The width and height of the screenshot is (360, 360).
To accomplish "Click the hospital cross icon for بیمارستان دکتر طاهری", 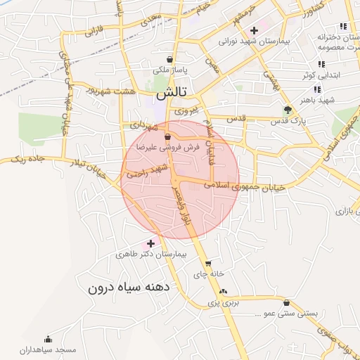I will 150,243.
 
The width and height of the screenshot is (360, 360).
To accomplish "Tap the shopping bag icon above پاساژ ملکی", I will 169,60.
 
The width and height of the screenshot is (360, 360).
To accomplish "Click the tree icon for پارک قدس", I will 287,110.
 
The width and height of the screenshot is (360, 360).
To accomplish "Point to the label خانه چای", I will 210,273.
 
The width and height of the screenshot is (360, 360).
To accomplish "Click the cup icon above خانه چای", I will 208,263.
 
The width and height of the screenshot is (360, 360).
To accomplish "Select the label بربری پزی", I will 224,303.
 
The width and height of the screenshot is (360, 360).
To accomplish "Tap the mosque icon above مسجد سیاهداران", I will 48,339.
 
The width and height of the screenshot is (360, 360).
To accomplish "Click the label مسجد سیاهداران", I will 48,349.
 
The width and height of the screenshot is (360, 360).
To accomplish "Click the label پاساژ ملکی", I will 169,71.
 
